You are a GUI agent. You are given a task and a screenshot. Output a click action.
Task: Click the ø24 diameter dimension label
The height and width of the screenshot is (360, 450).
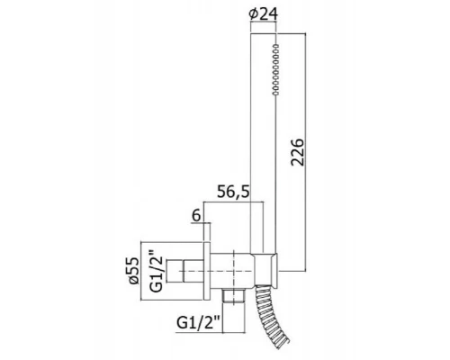click(x=264, y=13)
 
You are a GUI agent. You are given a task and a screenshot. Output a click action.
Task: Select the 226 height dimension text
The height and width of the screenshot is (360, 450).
click(x=297, y=152)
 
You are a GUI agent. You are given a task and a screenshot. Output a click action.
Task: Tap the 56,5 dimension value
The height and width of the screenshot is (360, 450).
click(x=233, y=192)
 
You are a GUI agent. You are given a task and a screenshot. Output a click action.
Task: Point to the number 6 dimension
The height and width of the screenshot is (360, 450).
click(x=196, y=215)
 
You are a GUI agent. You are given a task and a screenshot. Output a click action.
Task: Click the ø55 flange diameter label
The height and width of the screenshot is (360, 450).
click(x=133, y=271)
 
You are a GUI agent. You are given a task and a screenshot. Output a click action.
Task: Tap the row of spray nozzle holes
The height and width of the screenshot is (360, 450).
click(x=275, y=69)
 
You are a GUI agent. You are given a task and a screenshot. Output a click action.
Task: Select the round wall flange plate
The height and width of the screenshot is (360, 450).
click(x=207, y=271)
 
